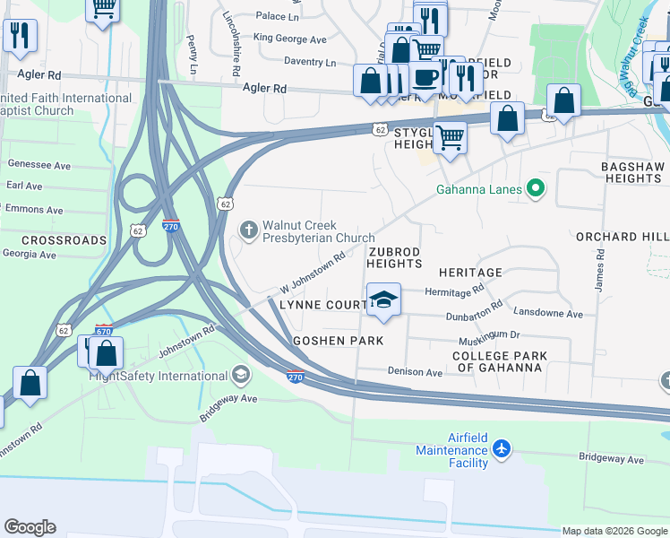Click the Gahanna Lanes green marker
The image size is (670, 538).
click(x=536, y=188)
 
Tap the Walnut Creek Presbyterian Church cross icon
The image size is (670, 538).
click(x=248, y=231)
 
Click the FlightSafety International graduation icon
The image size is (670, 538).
click(x=240, y=373)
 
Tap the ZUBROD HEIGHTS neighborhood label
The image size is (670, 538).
click(x=394, y=257)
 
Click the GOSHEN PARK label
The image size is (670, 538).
click(x=339, y=341)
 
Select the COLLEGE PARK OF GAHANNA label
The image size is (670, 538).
click(x=500, y=362)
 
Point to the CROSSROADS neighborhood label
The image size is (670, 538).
click(x=64, y=240)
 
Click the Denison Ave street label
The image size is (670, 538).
click(x=415, y=371)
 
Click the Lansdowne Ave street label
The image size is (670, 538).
click(x=549, y=314)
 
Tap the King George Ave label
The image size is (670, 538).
click(x=289, y=39)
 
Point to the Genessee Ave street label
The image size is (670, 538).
click(x=39, y=165)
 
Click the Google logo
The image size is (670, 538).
click(x=30, y=527)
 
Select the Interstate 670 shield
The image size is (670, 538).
click(x=104, y=332)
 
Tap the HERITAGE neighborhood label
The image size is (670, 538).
click(x=470, y=272)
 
